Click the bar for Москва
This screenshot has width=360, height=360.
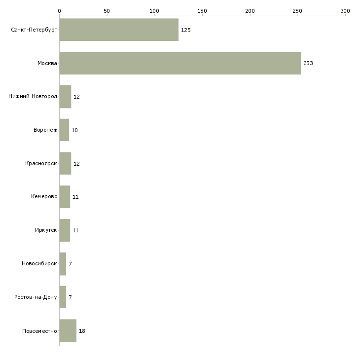(180, 63)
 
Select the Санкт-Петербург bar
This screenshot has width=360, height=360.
(119, 30)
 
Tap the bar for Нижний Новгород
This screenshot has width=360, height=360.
(65, 97)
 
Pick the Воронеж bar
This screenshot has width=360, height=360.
(64, 130)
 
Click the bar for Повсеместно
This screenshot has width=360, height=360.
(68, 331)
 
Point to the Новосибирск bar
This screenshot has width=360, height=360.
(63, 264)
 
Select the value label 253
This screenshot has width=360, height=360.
(308, 63)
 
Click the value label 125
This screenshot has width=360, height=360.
(186, 30)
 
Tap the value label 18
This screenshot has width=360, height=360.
(82, 331)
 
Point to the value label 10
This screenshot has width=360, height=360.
(74, 130)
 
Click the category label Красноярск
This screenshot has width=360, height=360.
(41, 163)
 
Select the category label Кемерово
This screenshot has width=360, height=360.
(44, 197)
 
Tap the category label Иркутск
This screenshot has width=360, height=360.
(46, 230)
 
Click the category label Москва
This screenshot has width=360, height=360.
(47, 63)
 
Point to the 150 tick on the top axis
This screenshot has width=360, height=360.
(202, 10)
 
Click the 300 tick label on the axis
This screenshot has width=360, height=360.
(345, 10)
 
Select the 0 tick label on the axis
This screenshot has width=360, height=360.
(59, 10)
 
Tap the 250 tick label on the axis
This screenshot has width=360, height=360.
(297, 10)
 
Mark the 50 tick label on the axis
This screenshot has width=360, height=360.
(107, 10)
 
